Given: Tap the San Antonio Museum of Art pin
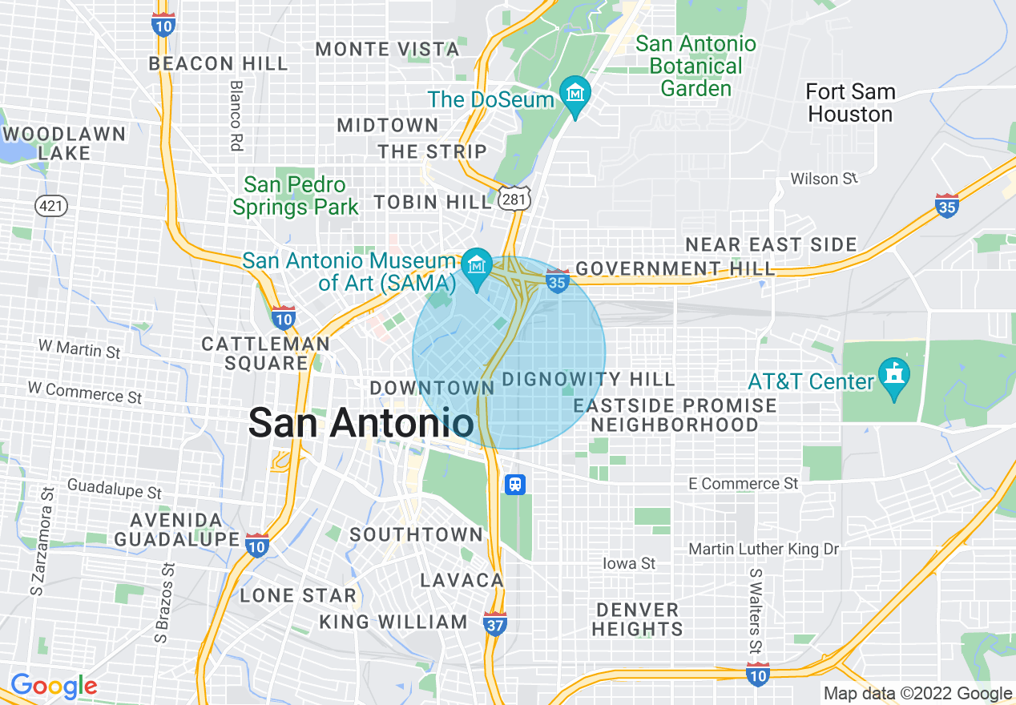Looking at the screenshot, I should [x=478, y=264].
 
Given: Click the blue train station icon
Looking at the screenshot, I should [x=515, y=484].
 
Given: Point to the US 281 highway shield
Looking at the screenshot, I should [x=512, y=199].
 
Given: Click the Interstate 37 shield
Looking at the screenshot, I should [x=495, y=622].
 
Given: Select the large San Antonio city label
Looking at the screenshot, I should [x=361, y=422].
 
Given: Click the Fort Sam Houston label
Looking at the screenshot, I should [x=850, y=103].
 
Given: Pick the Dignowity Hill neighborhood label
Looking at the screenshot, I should [x=589, y=379].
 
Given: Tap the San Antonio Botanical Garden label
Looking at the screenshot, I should [x=696, y=66].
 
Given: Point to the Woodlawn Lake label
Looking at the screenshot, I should [x=63, y=143].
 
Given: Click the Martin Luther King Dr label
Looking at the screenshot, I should [x=764, y=550].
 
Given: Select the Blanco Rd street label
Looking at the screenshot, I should [x=236, y=115].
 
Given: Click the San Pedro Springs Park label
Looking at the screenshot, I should [x=296, y=196].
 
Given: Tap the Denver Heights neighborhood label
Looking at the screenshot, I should [x=638, y=619].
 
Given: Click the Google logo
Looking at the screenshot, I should [x=54, y=686].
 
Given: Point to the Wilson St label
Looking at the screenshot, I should [x=824, y=179].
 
